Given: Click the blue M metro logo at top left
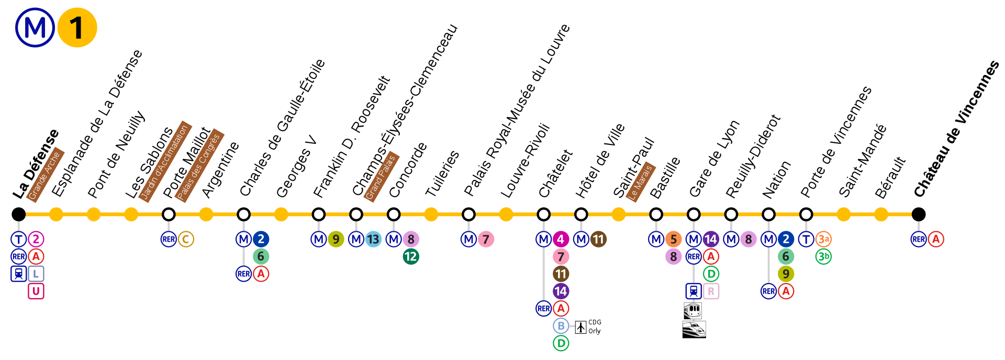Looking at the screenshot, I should tap(35, 28).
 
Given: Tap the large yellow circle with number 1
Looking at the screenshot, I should tap(77, 28).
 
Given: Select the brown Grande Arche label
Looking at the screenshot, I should tap(45, 174).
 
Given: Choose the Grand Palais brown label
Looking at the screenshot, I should tap(381, 176).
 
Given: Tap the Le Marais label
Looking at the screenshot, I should tap(641, 181).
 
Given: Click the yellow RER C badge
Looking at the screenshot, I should tap(186, 239).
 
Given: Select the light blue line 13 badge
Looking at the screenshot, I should tap(373, 239).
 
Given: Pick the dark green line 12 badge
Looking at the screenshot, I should tap(411, 256).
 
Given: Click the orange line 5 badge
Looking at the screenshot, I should tap(673, 239).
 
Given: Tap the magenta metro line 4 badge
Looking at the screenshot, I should tap(561, 239).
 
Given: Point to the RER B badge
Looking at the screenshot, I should tap(561, 326).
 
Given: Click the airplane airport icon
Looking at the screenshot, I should tap(580, 327).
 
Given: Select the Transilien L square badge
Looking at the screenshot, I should tap(36, 274).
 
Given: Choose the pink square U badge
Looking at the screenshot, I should tap(36, 291).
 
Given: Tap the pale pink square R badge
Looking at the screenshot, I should tap(711, 291).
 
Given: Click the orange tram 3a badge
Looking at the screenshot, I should tap(823, 239).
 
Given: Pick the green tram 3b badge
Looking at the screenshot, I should tap(823, 256).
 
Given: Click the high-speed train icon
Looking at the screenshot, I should tap(694, 329).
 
